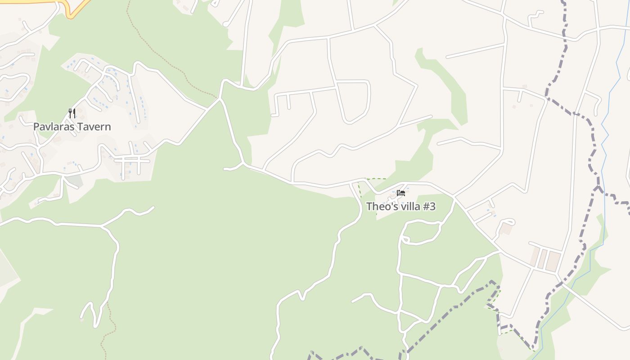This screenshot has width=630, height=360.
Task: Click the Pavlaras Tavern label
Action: coord(72,127)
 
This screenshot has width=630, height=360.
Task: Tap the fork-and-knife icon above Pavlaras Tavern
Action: coord(72,113)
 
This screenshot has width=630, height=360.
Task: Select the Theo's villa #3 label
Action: coord(400,207)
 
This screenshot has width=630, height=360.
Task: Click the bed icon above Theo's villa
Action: coord(401,193)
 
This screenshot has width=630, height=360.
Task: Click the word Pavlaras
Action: coord(54,127)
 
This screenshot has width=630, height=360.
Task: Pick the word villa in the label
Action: coord(411,207)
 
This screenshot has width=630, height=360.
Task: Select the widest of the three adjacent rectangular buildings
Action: coord(553,261)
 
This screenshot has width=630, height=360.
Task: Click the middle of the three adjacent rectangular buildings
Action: coord(542,259)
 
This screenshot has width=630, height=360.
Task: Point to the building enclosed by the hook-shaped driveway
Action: coord(506,229)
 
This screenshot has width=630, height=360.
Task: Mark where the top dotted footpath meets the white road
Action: coord(218,98)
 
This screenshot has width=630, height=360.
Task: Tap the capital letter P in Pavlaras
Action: coord(36,127)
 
